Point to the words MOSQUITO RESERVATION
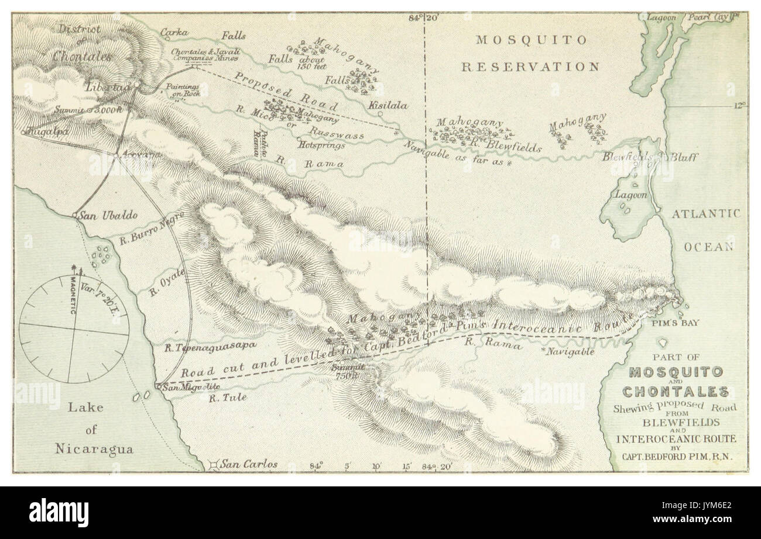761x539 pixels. coord(530,53)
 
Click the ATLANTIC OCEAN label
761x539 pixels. coord(705,229)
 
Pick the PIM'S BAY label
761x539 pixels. coord(678,322)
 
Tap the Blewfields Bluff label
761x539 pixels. coord(658,157)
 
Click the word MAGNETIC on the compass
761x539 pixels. coord(74,296)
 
